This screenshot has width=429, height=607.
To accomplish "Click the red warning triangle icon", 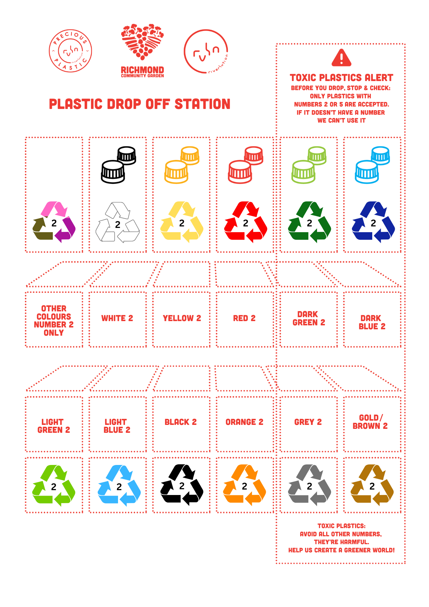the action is tap(341, 58).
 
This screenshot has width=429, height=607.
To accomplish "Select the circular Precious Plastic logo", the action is tap(70, 51).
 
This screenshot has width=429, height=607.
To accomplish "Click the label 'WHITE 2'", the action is tap(117, 318).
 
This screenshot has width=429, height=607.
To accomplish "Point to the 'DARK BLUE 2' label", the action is tap(372, 322).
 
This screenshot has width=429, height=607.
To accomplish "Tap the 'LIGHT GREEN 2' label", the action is tap(54, 426).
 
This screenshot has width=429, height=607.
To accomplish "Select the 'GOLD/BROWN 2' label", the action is tap(370, 422).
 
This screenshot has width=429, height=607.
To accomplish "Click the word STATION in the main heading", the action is tap(202, 104).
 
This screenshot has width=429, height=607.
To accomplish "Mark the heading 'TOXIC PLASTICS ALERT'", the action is tap(341, 78).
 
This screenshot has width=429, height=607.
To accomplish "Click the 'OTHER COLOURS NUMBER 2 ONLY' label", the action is tap(54, 320).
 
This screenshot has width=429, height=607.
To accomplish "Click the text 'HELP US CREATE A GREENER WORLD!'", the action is tap(341, 550).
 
